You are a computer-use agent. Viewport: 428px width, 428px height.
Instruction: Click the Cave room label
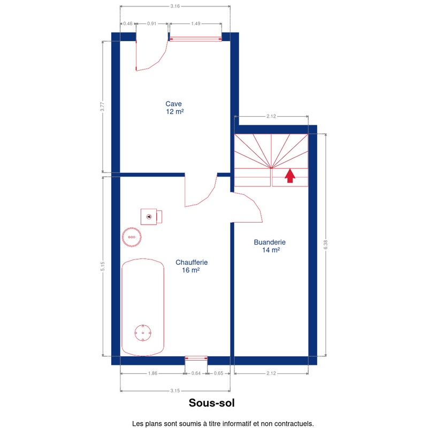pos(174,108)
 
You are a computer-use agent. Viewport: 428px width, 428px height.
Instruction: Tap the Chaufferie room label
pos(192,266)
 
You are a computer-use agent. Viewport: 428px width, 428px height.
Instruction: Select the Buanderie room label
pos(270,246)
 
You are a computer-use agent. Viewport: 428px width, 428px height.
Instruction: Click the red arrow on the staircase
pos(290,175)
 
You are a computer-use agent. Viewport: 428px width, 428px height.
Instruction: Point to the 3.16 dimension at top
pos(175,6)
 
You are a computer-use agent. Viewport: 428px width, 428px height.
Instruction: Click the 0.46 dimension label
pos(128,24)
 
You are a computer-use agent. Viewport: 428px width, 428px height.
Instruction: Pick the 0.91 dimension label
pos(152,24)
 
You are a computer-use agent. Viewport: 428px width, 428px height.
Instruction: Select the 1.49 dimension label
pos(195,24)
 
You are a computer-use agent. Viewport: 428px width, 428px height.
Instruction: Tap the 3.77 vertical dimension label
pos(102,106)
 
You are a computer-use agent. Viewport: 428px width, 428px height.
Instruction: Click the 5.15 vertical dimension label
pos(102,266)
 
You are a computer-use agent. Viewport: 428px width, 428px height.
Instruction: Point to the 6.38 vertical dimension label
pos(326,244)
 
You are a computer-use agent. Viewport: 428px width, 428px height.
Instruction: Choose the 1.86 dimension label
pos(152,373)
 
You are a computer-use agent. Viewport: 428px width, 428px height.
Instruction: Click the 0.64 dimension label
pos(196,373)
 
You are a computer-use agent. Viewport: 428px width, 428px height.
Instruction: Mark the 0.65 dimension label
pos(218,373)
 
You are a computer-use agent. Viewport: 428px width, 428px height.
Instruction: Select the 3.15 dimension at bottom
pos(175,391)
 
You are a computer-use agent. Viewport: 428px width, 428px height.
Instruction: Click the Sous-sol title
pos(211,403)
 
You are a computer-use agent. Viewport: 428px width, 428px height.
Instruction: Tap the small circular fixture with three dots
pos(132,237)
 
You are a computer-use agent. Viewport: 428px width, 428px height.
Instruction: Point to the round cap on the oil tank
pos(143,333)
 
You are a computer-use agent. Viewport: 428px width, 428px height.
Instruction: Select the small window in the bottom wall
pos(196,358)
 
